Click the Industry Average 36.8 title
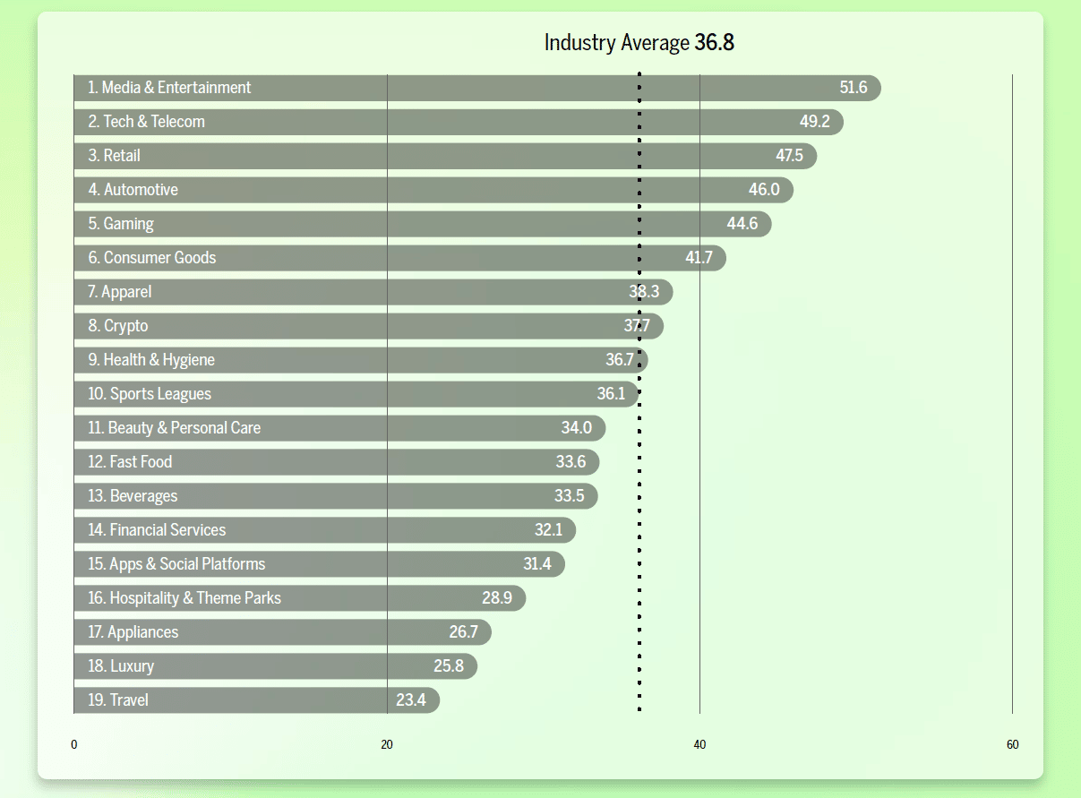(x=639, y=42)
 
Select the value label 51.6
(x=853, y=88)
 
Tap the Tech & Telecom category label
(x=147, y=122)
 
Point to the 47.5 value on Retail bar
(x=789, y=156)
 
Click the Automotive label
(x=133, y=190)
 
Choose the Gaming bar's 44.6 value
(x=742, y=224)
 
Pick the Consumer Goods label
(x=152, y=258)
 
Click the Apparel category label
(x=120, y=292)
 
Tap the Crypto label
(x=118, y=326)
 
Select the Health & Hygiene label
(x=151, y=360)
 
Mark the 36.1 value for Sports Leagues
(x=611, y=394)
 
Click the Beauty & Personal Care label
(x=175, y=428)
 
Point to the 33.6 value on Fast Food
(x=571, y=462)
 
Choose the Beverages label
(x=133, y=496)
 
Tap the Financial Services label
(x=157, y=530)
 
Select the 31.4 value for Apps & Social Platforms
(x=537, y=564)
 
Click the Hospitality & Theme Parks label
(x=184, y=598)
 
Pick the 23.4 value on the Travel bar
(x=410, y=700)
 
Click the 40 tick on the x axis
(x=699, y=745)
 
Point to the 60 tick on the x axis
(x=1012, y=745)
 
